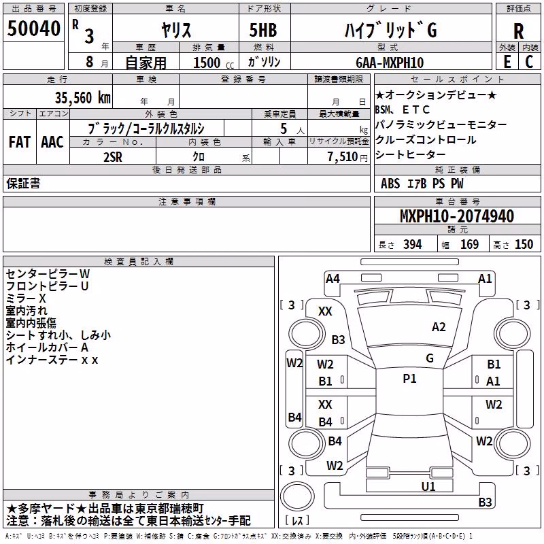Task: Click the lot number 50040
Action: coord(33,29)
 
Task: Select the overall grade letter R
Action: coord(518,31)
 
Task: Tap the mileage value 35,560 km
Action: coord(82,98)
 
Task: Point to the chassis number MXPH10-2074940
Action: coord(456,216)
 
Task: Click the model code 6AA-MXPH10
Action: coord(390,63)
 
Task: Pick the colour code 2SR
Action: coord(113,157)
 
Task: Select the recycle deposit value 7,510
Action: coord(343,157)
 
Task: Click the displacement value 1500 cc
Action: coord(214,63)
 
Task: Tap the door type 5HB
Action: coord(263,30)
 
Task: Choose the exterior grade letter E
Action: coord(507,62)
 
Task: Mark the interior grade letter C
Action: coord(529,62)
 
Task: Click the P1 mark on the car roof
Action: coord(409,379)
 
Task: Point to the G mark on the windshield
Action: coord(430,358)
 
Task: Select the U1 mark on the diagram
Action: coord(428,486)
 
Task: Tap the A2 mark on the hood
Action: coord(439,327)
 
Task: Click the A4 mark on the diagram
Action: coord(333,279)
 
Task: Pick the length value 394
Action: coord(413,244)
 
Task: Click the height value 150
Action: coord(524,244)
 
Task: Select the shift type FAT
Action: coord(20,142)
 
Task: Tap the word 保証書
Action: coord(23,183)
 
